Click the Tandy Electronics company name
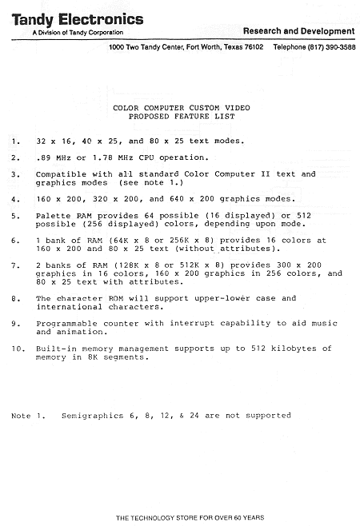click(x=78, y=18)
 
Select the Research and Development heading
click(x=300, y=31)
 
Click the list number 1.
click(x=15, y=141)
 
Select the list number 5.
click(x=15, y=216)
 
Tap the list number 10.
click(x=18, y=349)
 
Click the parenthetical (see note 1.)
click(x=151, y=182)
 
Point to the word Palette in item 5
click(x=53, y=216)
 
